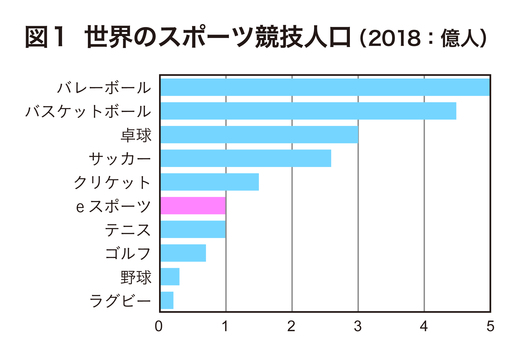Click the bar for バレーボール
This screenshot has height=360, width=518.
(x=324, y=87)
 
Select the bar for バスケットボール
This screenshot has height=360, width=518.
(x=308, y=111)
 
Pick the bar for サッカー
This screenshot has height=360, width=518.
(x=245, y=158)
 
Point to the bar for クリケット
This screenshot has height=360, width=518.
(x=209, y=182)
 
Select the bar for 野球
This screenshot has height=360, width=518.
(x=170, y=276)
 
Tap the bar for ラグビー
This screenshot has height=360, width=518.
(x=167, y=300)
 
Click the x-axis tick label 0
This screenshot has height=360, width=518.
(x=160, y=325)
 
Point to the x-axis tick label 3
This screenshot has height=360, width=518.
(x=358, y=325)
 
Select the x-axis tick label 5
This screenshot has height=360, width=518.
(x=490, y=325)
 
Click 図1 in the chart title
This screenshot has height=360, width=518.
(x=44, y=39)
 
